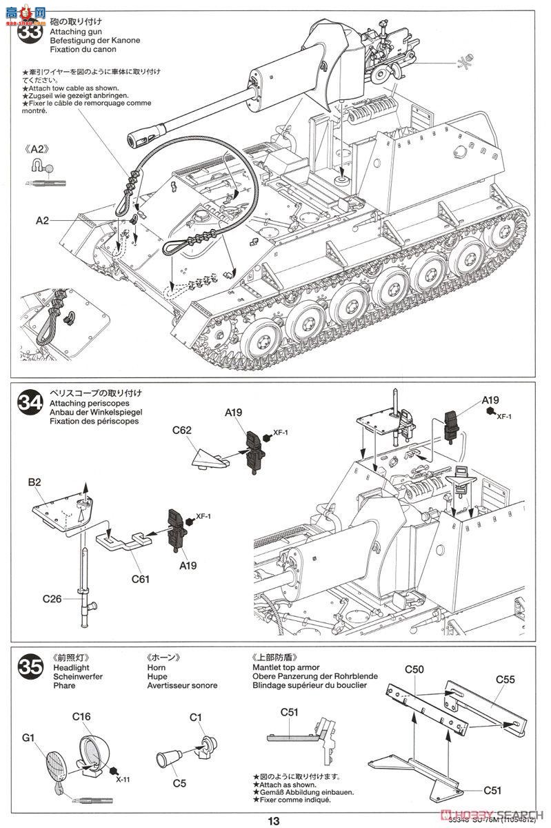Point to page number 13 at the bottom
[x=274, y=820]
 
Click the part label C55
[x=505, y=679]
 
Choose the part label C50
[x=414, y=669]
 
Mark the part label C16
[x=81, y=716]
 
